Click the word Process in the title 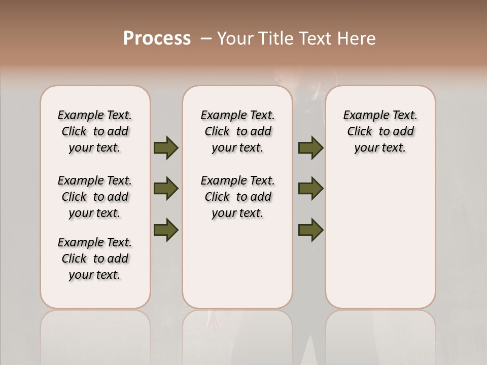(x=157, y=39)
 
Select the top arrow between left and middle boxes (x=166, y=148)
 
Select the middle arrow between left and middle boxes (x=166, y=189)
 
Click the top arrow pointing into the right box (x=311, y=148)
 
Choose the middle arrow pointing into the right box (x=311, y=189)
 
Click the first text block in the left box (x=95, y=131)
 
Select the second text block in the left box (x=95, y=197)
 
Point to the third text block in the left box (x=95, y=259)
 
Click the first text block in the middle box (x=237, y=131)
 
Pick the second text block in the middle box (x=237, y=197)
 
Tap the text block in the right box (x=380, y=131)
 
